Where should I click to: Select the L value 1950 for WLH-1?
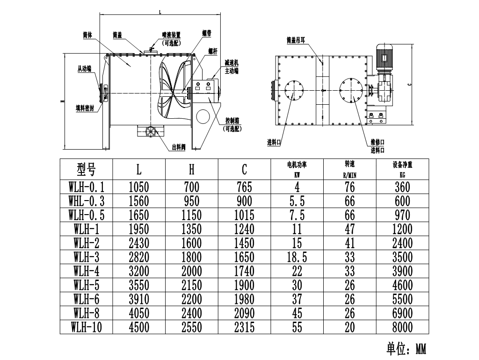pyautogui.click(x=139, y=229)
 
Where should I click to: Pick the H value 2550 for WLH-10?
pyautogui.click(x=192, y=327)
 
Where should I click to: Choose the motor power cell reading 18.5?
pyautogui.click(x=297, y=257)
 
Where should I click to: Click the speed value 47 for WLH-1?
pyautogui.click(x=349, y=229)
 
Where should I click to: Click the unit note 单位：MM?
pyautogui.click(x=406, y=349)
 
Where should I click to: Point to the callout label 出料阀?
pyautogui.click(x=179, y=147)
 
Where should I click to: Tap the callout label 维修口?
pyautogui.click(x=377, y=142)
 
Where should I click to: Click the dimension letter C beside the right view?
pyautogui.click(x=409, y=85)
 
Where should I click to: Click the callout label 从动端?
pyautogui.click(x=84, y=68)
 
